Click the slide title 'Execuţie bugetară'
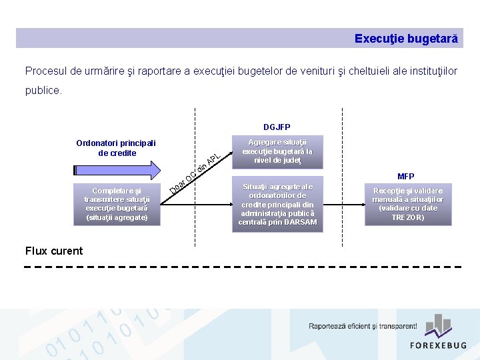tap(406, 39)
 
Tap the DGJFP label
tap(277, 127)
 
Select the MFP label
tap(406, 177)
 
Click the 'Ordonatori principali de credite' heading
tap(116, 148)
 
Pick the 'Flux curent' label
tap(54, 251)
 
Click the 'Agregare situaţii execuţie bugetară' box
tap(277, 151)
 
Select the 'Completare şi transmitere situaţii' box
tap(117, 204)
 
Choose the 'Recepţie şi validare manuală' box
tap(407, 204)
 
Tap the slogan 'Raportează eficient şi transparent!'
tap(363, 327)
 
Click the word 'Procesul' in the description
tap(45, 71)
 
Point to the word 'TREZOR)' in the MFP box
tap(407, 217)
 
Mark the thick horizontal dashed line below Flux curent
tap(243, 267)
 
